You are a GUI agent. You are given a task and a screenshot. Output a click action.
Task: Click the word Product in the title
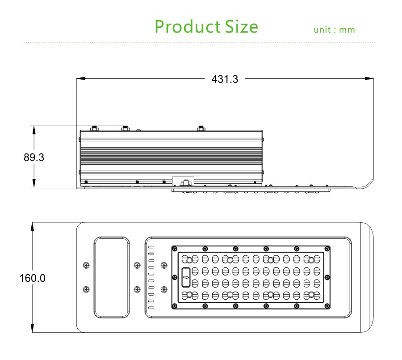click(x=188, y=27)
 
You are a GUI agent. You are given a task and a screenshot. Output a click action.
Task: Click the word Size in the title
click(x=242, y=27)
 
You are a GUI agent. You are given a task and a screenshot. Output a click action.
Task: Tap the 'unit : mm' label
click(x=334, y=30)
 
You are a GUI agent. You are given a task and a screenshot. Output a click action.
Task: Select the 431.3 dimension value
click(x=225, y=79)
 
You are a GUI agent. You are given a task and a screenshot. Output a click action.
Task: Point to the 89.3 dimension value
click(x=34, y=157)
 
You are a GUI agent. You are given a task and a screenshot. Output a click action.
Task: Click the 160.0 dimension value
click(x=32, y=278)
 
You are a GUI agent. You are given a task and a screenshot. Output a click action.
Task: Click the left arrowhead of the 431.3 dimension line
click(x=80, y=79)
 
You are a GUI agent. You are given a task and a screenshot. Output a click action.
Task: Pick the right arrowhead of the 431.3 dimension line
click(x=369, y=79)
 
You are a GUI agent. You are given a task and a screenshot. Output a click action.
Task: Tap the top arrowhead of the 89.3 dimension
click(x=34, y=130)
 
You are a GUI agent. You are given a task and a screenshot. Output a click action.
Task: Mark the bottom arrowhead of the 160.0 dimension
click(x=32, y=328)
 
